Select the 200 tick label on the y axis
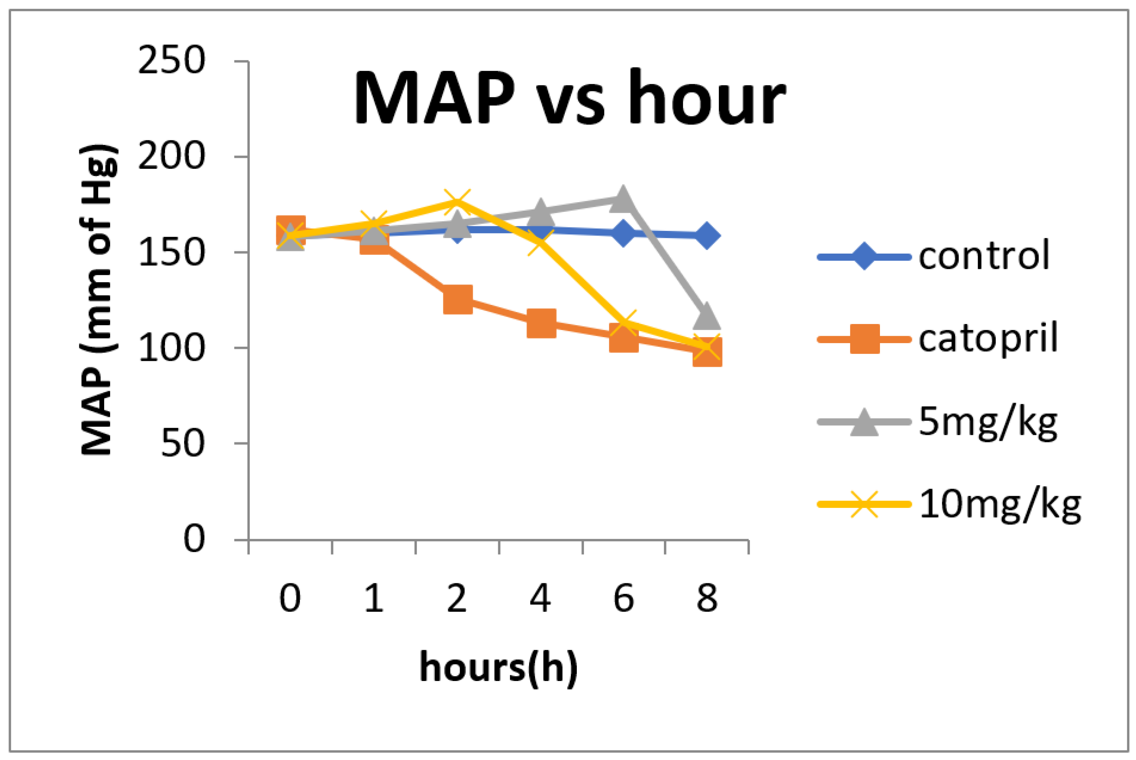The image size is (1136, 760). pyautogui.click(x=171, y=157)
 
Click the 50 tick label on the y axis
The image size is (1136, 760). pyautogui.click(x=182, y=443)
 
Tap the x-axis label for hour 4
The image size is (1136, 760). pyautogui.click(x=540, y=598)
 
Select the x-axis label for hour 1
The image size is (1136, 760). pyautogui.click(x=374, y=598)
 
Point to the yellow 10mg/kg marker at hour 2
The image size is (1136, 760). pyautogui.click(x=457, y=202)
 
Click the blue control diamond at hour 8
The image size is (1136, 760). pyautogui.click(x=706, y=236)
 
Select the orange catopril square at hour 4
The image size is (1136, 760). pyautogui.click(x=541, y=323)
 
